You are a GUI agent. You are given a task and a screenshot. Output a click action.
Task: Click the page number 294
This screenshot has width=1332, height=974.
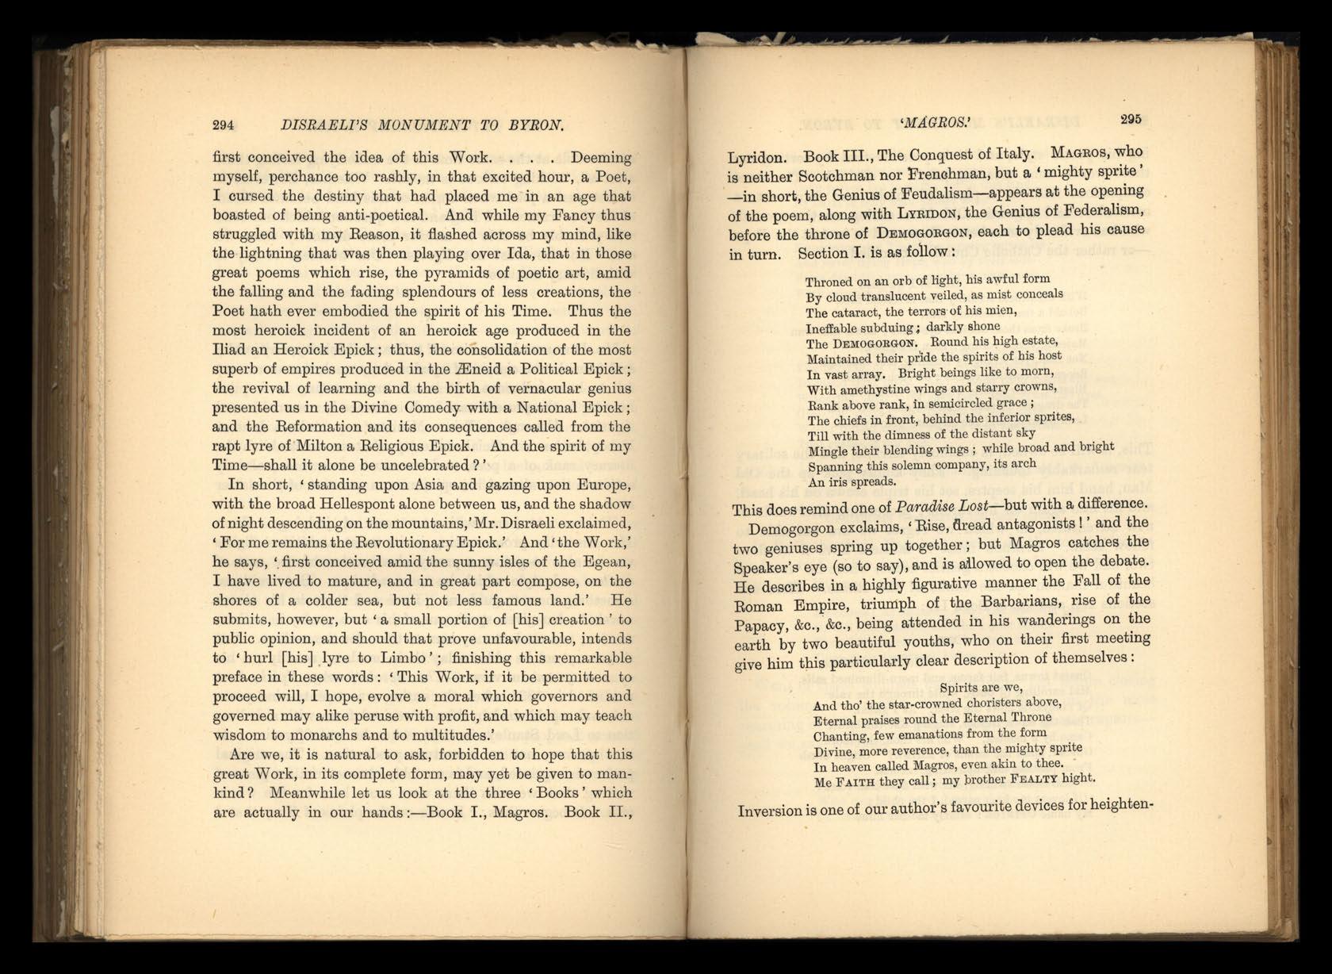(x=223, y=125)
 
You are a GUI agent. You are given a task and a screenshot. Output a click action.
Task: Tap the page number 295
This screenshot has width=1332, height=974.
(x=1131, y=119)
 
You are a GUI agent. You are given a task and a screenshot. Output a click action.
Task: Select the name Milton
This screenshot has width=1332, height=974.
(x=312, y=446)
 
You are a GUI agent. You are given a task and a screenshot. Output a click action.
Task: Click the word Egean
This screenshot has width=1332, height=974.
(x=607, y=562)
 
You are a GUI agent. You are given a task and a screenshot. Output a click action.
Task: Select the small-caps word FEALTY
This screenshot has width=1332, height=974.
(x=1034, y=779)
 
